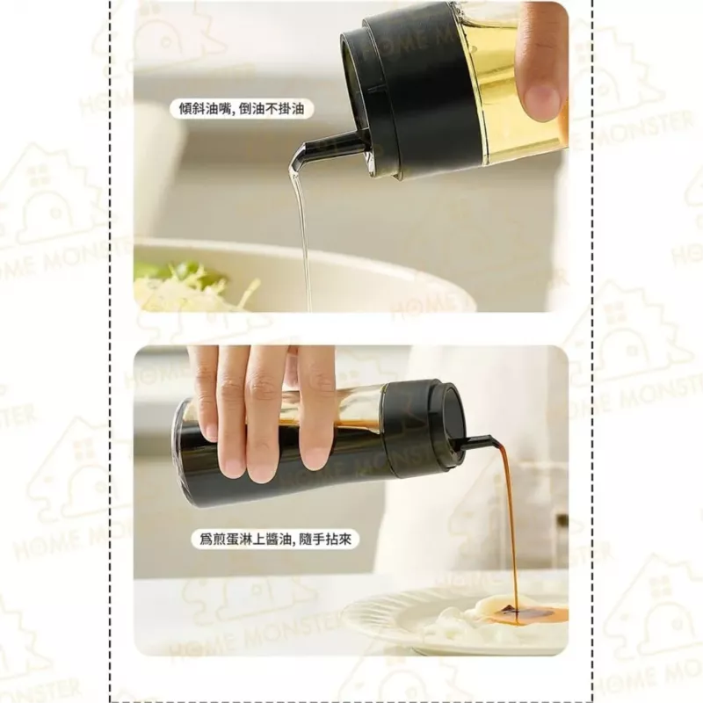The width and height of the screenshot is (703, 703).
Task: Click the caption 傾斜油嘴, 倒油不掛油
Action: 241,109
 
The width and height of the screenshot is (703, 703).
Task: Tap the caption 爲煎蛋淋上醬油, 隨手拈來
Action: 275,539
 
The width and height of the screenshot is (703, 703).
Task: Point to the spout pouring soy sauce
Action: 473,441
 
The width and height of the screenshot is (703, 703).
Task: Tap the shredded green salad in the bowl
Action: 191,287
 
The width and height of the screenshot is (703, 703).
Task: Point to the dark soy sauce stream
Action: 510,529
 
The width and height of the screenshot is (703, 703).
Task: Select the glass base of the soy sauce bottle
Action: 182,453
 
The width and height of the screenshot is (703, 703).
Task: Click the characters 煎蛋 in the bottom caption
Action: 228,539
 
